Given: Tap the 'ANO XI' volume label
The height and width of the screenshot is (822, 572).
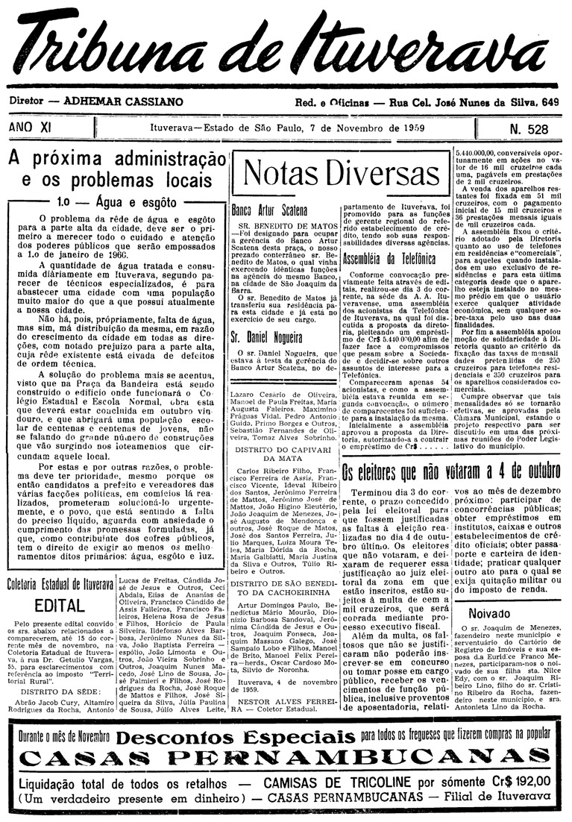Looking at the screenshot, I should pyautogui.click(x=31, y=128).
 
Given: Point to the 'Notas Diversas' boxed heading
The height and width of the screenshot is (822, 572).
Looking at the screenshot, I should pyautogui.click(x=341, y=174).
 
